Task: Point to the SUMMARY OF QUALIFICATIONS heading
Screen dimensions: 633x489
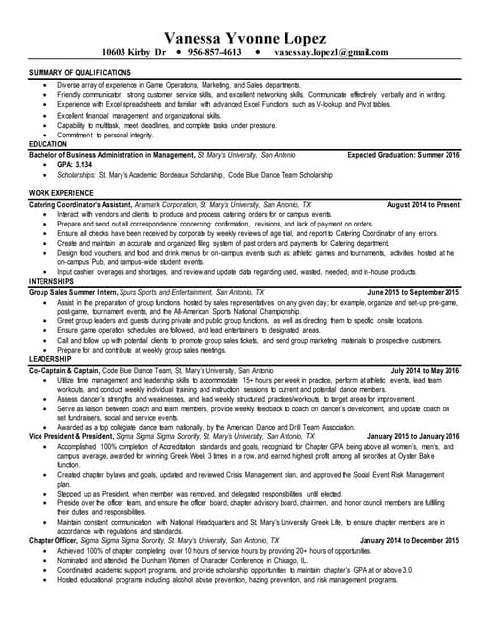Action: [x=80, y=74]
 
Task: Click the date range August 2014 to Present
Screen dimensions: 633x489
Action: [x=424, y=204]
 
